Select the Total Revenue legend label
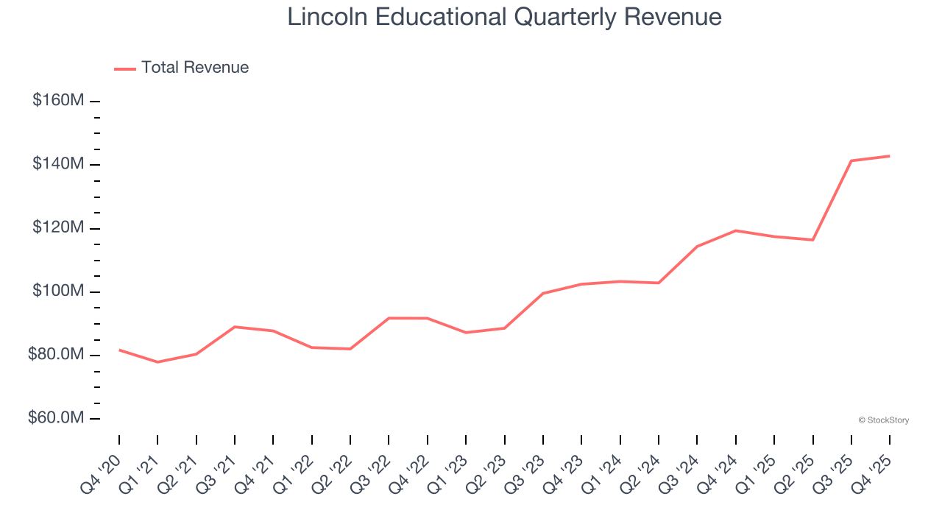(x=195, y=68)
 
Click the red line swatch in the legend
(x=125, y=68)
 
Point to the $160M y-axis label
(x=58, y=100)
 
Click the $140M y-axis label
(x=58, y=163)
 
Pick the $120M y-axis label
(x=58, y=227)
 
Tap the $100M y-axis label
(x=58, y=291)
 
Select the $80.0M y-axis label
(x=56, y=355)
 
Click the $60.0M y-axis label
(x=56, y=418)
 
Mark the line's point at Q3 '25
(x=851, y=160)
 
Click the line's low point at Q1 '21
(x=157, y=362)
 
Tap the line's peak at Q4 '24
(x=735, y=230)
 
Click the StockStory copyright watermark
(x=883, y=420)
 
